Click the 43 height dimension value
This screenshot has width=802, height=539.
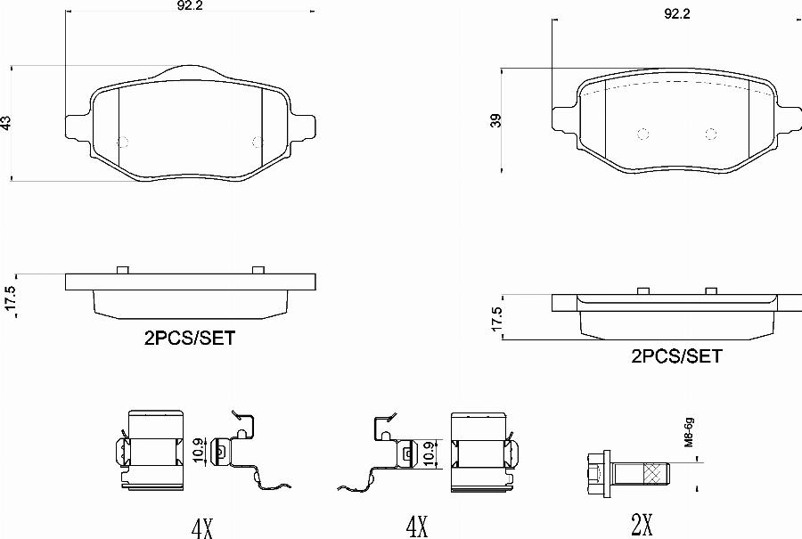coord(6,123)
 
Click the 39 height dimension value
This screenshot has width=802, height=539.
coord(496,120)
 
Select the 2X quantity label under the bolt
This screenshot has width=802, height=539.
coord(642,527)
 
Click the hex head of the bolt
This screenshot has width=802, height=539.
coord(594,472)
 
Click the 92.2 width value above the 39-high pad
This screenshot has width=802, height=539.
coord(678,14)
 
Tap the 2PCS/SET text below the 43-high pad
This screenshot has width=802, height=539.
coord(189,338)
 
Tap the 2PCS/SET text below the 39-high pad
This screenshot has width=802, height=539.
coord(676,356)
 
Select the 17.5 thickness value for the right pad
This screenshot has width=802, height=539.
coord(497,319)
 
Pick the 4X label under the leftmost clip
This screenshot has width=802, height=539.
coord(202,528)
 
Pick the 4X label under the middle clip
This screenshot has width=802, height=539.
coord(416,528)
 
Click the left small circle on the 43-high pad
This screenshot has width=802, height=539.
coord(124,142)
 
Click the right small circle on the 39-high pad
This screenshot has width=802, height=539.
coord(711,134)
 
